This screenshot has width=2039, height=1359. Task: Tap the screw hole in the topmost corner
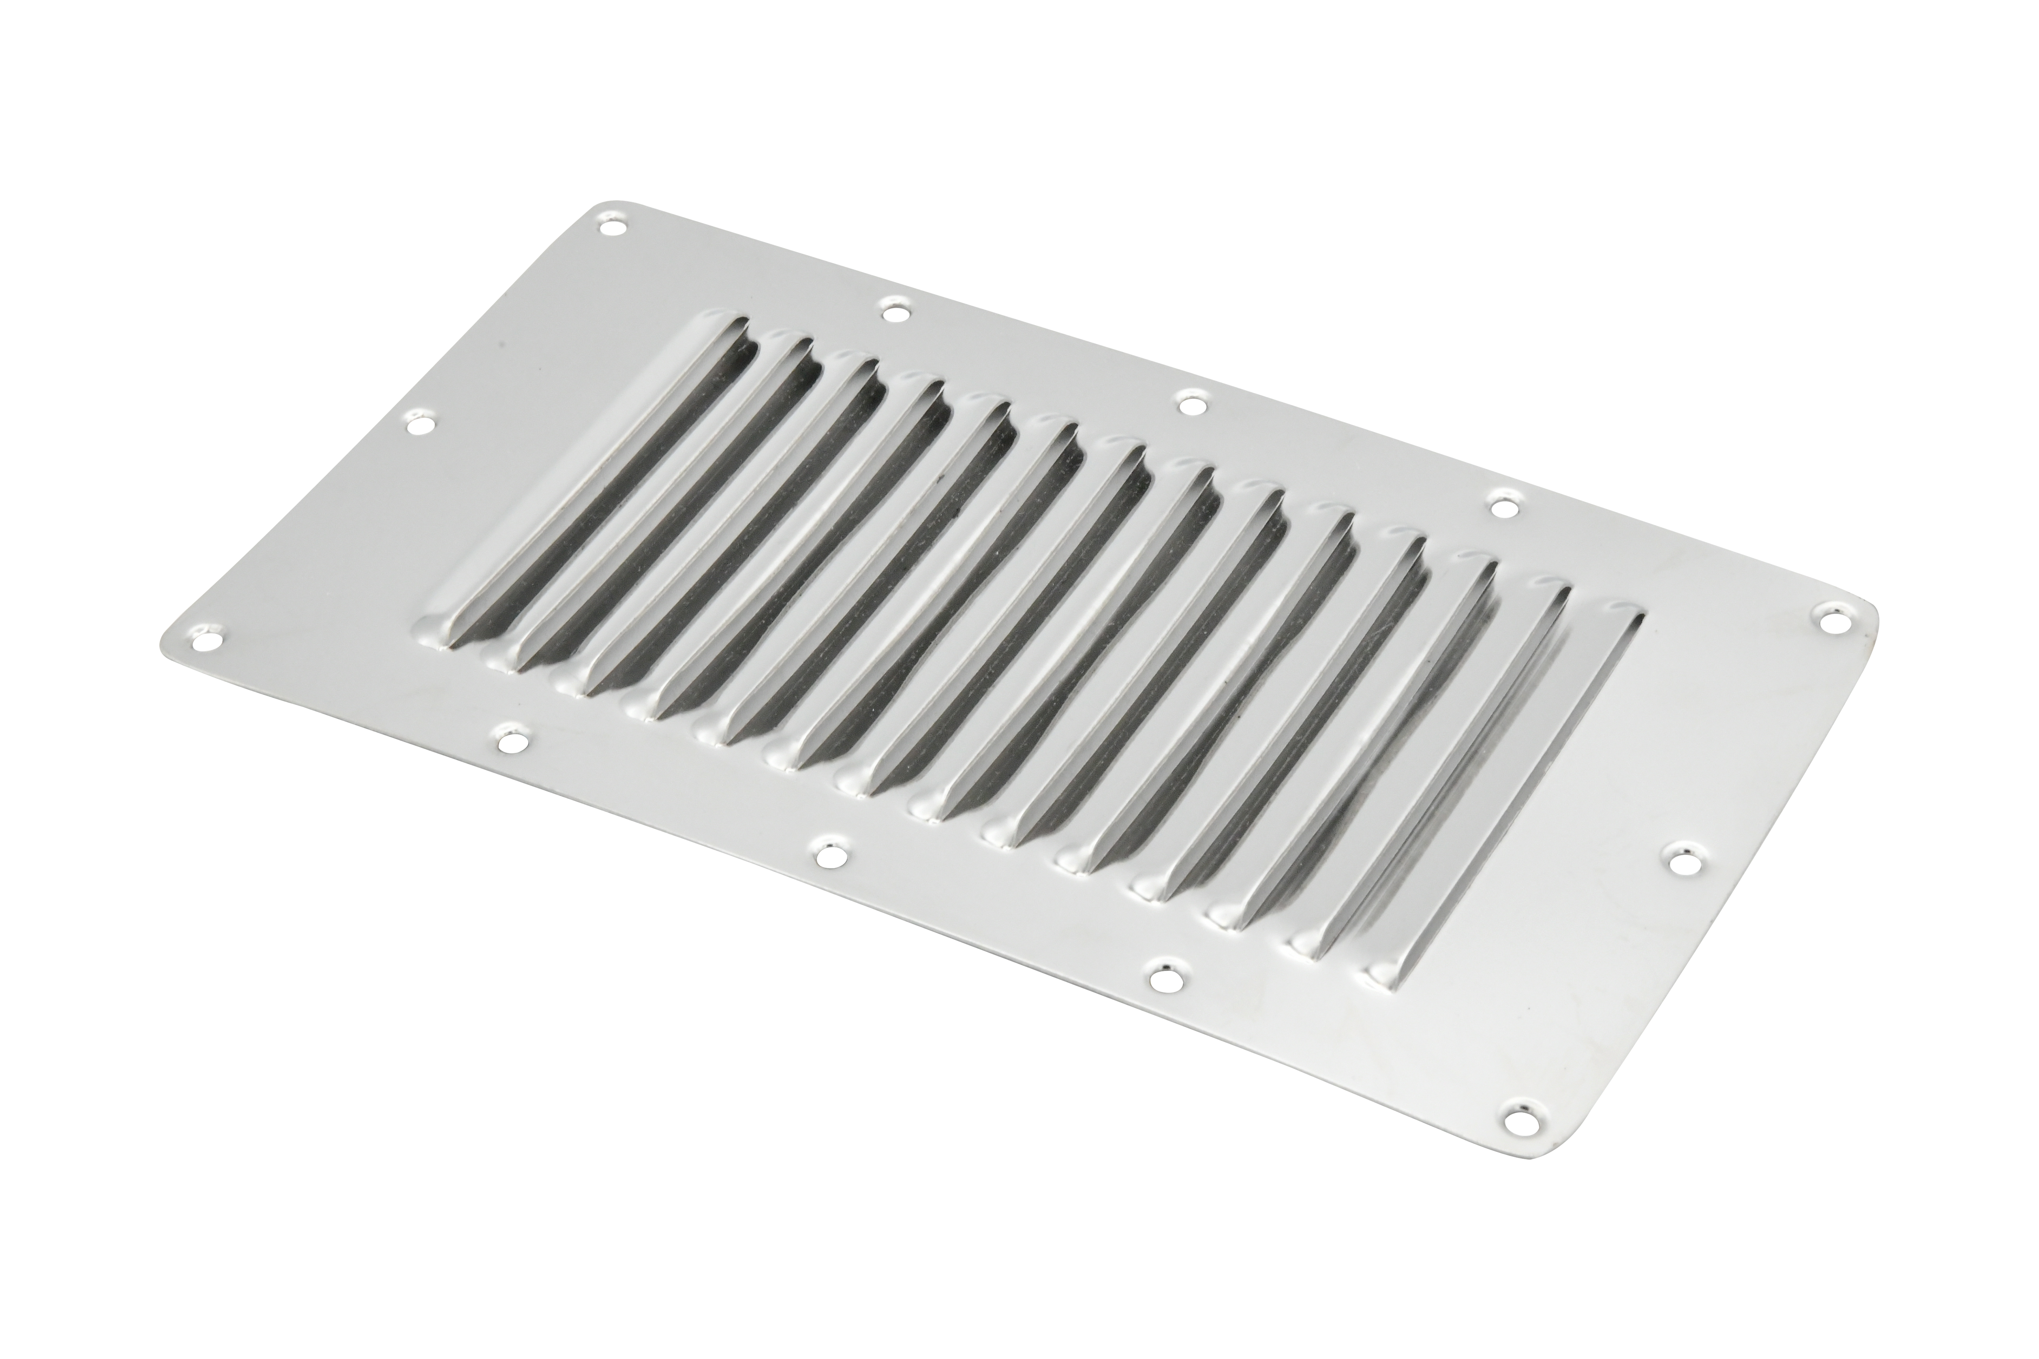click(613, 227)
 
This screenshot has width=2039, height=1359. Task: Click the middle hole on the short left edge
click(421, 424)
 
